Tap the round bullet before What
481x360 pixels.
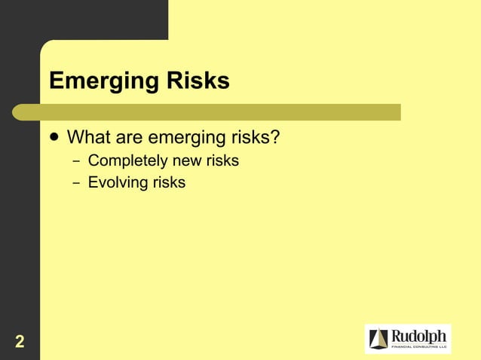pyautogui.click(x=54, y=138)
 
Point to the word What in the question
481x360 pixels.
pyautogui.click(x=90, y=138)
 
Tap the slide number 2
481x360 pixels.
pyautogui.click(x=20, y=342)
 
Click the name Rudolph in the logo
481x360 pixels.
pyautogui.click(x=420, y=335)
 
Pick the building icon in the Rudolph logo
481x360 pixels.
pyautogui.click(x=379, y=340)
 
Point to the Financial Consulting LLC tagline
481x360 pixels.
pyautogui.click(x=420, y=347)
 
